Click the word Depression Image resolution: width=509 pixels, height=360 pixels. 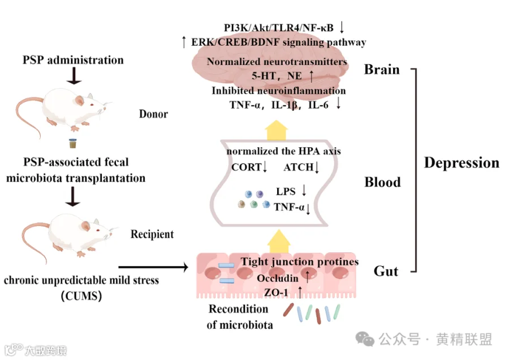click(461, 163)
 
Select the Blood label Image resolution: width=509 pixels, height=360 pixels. click(382, 182)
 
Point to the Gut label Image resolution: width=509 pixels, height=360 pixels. click(386, 271)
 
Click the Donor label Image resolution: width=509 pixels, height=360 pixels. click(153, 114)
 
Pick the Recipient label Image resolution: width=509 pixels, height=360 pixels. click(152, 234)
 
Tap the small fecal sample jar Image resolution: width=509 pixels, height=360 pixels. click(72, 144)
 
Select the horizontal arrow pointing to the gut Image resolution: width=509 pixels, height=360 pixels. click(153, 266)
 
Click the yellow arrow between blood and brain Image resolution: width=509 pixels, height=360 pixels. click(277, 129)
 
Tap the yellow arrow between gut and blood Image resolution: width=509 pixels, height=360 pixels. click(277, 241)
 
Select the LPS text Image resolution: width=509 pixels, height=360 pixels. click(286, 192)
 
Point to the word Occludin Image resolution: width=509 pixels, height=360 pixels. click(277, 278)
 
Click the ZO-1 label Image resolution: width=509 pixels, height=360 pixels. click(277, 292)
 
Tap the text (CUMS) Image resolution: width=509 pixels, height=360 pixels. click(81, 295)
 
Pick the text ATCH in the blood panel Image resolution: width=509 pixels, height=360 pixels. click(297, 167)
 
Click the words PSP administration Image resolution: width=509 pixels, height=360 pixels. click(73, 59)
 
